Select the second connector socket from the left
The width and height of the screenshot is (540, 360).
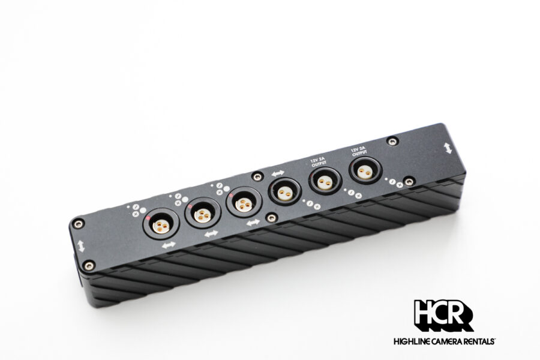coord(203,214)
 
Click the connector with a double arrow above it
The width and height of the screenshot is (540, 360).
coord(284,191)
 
